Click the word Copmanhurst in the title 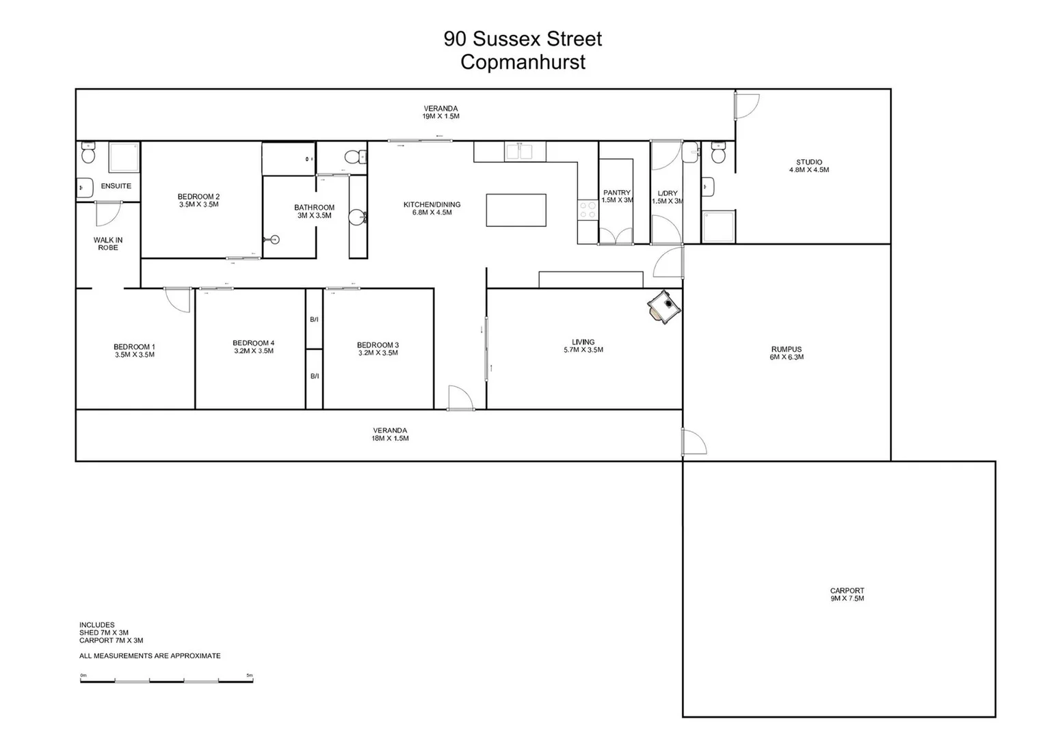point(523,62)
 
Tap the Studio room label point(809,166)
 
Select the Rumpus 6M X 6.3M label point(786,353)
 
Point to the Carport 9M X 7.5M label point(847,594)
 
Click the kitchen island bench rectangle point(516,210)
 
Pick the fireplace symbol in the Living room point(663,306)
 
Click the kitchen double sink point(525,151)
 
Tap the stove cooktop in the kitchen point(588,210)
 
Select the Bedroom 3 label point(378,349)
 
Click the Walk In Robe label point(108,244)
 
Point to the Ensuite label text point(116,186)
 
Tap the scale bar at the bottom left point(166,681)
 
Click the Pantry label point(617,197)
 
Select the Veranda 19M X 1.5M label point(440,112)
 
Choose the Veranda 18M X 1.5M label point(390,435)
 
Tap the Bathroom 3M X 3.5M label point(315,211)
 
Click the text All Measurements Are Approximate point(150,656)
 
